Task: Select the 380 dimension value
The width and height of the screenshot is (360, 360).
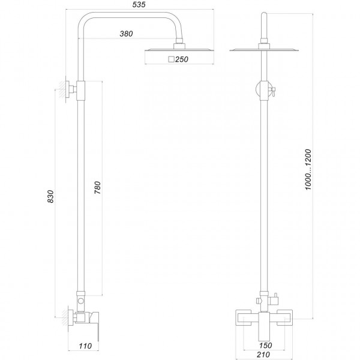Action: (x=126, y=33)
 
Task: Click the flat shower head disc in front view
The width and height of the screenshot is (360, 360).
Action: (x=262, y=50)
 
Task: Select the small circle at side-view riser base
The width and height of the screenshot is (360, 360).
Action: (x=80, y=298)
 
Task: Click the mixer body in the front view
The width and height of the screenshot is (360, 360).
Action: (x=262, y=317)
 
